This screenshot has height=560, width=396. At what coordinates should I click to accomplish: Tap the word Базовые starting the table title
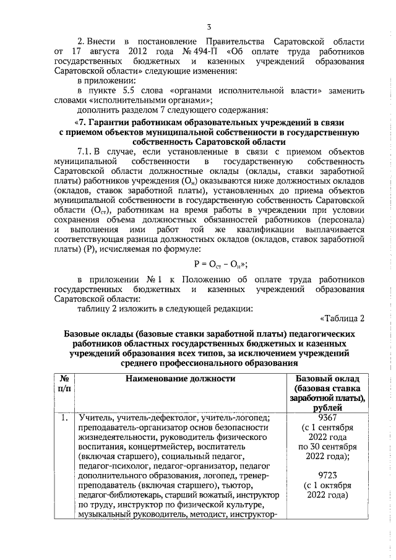coord(86,334)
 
